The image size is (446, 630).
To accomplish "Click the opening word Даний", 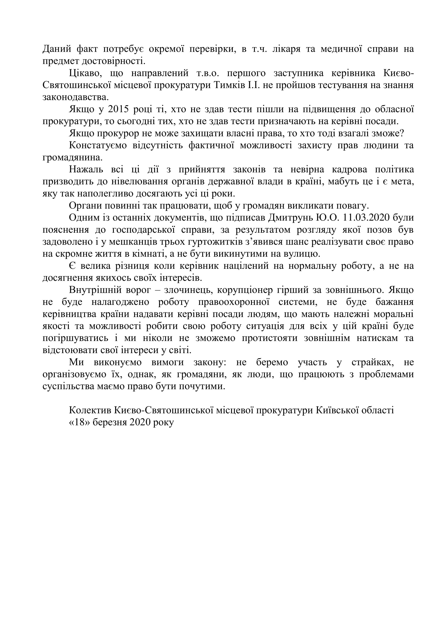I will [57, 49].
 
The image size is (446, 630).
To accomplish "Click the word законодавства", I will [76, 98].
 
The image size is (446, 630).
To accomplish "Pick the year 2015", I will [118, 109].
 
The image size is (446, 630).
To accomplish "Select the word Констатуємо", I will [98, 145].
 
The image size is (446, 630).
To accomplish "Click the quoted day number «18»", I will [79, 422].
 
